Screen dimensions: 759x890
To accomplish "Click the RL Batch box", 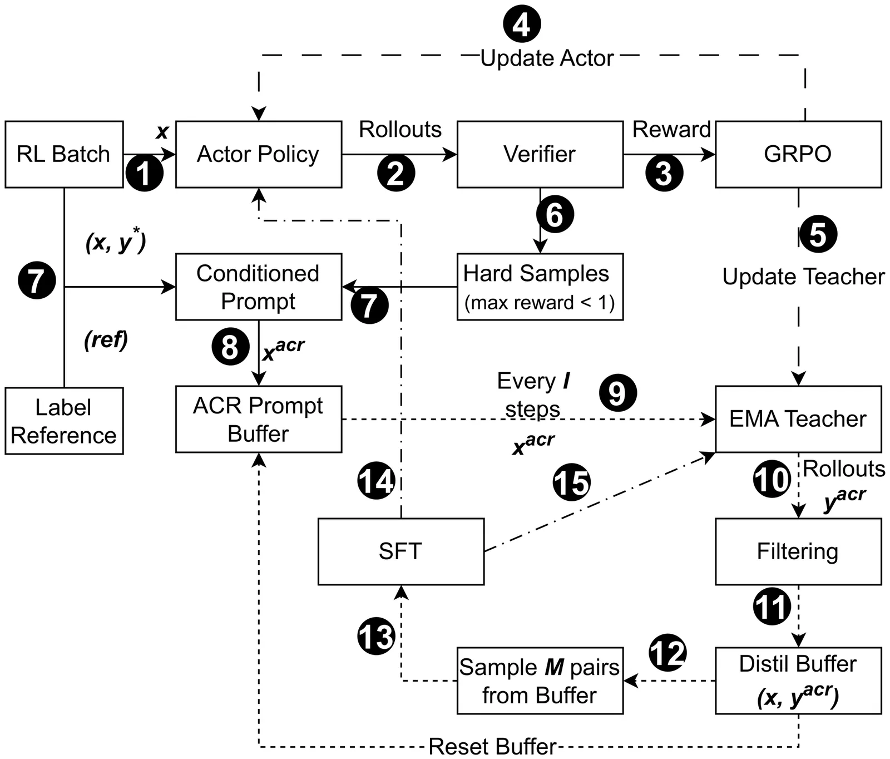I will (64, 154).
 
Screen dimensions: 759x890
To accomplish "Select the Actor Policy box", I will (259, 154).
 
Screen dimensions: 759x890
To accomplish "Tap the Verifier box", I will (540, 154).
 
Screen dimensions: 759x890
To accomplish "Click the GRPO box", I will (798, 154).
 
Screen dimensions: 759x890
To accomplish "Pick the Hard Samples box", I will (540, 287).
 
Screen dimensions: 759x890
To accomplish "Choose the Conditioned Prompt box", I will (259, 287).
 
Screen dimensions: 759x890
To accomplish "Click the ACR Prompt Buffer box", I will (259, 419).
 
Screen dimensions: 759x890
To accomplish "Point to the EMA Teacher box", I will (798, 419).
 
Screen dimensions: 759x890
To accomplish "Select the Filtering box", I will (798, 551).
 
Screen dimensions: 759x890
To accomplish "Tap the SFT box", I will (400, 551).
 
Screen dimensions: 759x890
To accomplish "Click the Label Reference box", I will (64, 421).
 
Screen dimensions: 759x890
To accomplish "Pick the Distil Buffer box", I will (798, 680).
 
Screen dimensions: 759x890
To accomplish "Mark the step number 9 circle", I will (617, 393).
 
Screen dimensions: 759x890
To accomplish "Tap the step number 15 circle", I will (571, 482).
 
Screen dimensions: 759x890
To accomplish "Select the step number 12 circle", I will (667, 653).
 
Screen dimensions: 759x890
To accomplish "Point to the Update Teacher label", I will (803, 277).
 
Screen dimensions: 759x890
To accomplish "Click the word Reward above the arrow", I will (671, 129).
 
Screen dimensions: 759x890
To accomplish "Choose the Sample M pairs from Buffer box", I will (540, 681).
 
